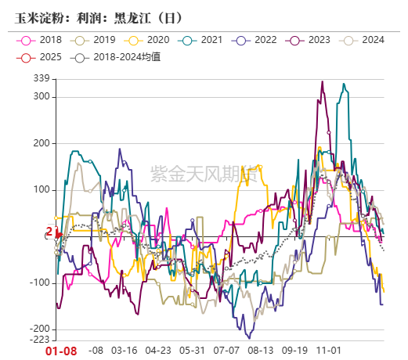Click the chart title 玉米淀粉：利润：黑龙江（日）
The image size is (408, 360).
88,15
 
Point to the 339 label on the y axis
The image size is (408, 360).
41,78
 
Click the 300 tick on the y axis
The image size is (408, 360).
41,97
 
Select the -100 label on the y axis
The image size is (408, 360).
38,283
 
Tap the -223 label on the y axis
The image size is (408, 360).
38,340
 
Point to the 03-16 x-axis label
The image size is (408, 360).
125,351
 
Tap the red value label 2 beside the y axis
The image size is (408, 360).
49,232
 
